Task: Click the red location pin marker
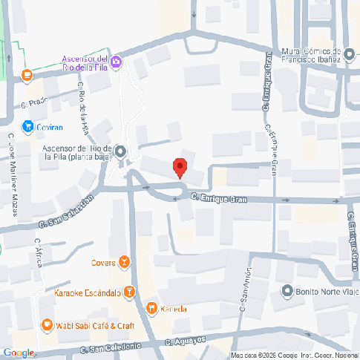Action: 179,167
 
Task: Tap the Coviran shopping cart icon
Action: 28,127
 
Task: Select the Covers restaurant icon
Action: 124,262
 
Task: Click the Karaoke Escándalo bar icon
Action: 129,292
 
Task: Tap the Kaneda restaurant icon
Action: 152,308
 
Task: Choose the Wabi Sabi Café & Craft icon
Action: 47,324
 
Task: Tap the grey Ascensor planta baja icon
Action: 121,152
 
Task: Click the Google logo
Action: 19,353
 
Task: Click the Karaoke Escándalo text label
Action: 88,292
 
